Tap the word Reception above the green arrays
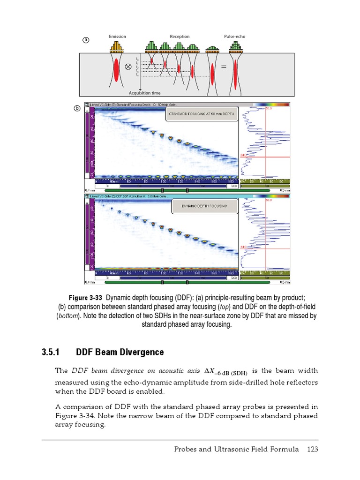point(180,37)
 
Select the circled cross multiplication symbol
point(128,67)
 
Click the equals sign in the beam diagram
point(224,67)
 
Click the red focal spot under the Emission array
point(116,70)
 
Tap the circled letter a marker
point(85,40)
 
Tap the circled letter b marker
point(78,109)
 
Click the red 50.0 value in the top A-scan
point(269,109)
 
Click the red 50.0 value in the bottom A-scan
point(269,200)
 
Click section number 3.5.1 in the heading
point(52,352)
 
